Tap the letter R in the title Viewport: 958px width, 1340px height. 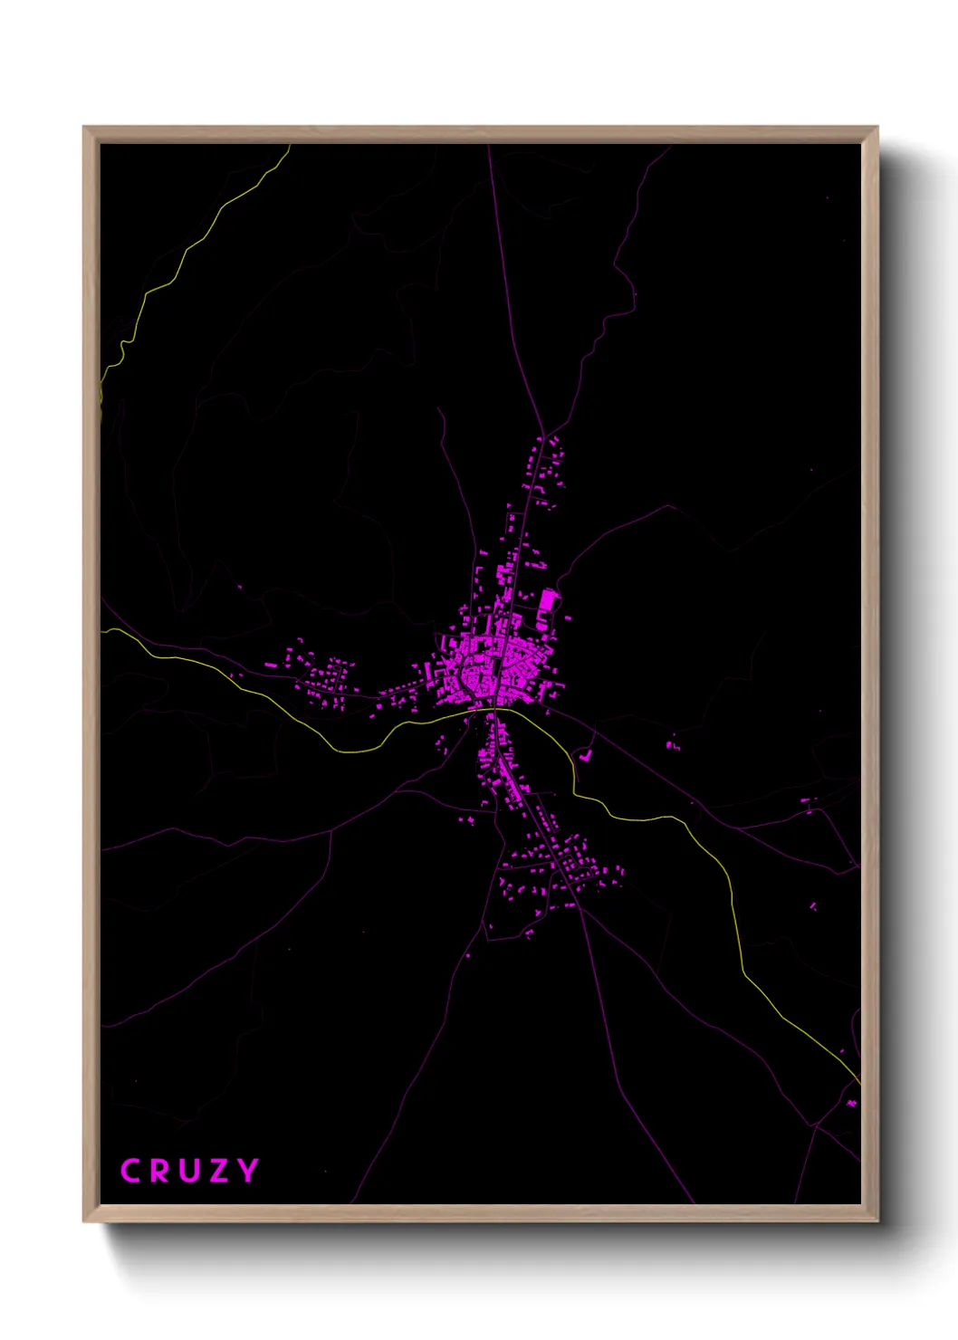tap(160, 1171)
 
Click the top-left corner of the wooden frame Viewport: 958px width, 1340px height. tap(85, 129)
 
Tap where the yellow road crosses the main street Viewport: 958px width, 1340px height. tap(491, 710)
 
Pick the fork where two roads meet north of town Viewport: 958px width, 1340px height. tap(543, 433)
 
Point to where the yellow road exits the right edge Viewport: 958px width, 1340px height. tap(858, 1081)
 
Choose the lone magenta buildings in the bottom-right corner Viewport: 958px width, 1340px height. tap(851, 1103)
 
